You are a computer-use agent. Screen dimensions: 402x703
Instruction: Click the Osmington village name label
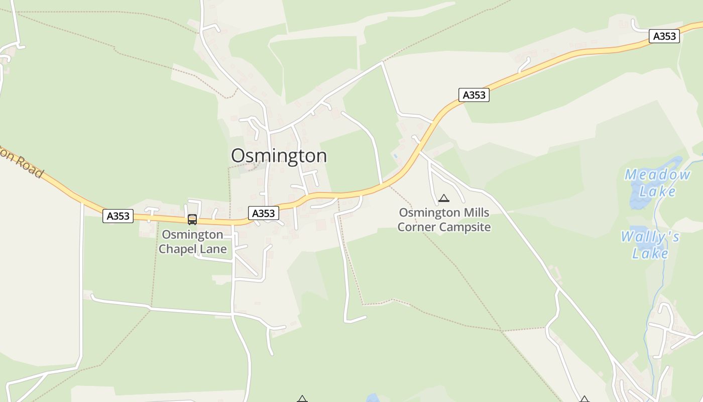[x=279, y=156]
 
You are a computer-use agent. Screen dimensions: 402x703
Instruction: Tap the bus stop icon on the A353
[x=192, y=219]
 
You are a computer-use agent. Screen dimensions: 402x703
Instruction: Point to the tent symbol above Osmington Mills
[x=443, y=198]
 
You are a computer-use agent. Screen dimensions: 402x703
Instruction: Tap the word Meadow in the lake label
[x=657, y=175]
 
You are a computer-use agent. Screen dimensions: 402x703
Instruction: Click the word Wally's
[x=650, y=237]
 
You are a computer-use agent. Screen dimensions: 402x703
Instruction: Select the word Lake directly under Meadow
[x=657, y=191]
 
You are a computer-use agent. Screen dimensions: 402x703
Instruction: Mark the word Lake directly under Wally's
[x=650, y=253]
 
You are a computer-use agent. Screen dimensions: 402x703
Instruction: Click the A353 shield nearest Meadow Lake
[x=664, y=36]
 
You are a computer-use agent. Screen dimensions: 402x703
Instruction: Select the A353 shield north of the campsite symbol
[x=474, y=95]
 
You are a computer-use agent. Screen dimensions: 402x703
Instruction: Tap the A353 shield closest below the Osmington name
[x=264, y=214]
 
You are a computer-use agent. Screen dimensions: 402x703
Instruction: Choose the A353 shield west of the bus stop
[x=118, y=216]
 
